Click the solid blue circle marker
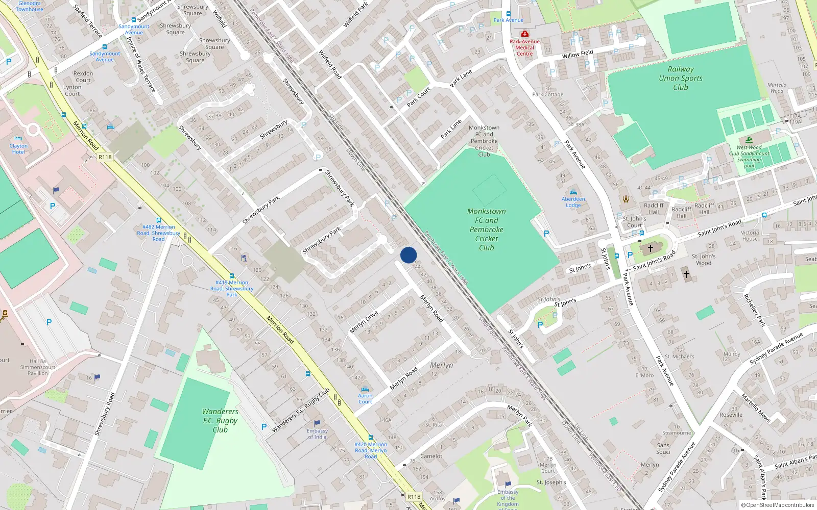tap(408, 255)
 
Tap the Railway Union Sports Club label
tap(680, 78)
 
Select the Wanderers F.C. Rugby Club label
tap(220, 420)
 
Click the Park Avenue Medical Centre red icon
tap(524, 34)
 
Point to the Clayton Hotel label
tap(18, 149)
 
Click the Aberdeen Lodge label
tap(573, 202)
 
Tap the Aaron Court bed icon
tap(365, 389)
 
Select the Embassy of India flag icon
tap(317, 423)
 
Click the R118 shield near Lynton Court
tap(105, 157)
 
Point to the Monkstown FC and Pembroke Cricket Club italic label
tap(487, 229)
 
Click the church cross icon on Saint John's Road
tap(650, 248)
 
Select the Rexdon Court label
tap(83, 76)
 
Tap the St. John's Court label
tap(634, 222)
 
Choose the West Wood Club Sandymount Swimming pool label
tap(749, 157)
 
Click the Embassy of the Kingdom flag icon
tap(508, 484)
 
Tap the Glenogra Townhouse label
tap(30, 6)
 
